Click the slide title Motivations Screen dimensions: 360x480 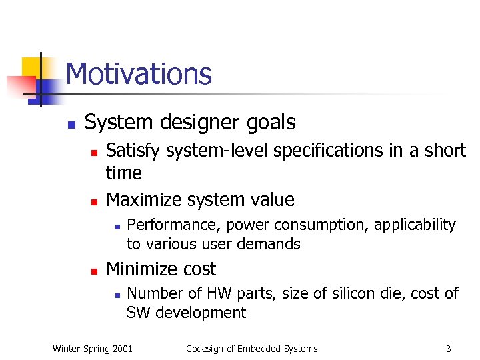[x=139, y=74]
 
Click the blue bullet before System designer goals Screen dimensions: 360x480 [x=70, y=125]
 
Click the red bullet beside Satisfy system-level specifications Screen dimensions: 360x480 [x=94, y=153]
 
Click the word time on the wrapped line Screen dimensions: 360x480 [x=124, y=173]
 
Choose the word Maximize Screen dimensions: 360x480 [x=143, y=200]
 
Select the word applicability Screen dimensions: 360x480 [x=415, y=225]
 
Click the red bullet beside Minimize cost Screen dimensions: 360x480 [x=94, y=271]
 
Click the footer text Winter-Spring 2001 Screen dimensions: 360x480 [x=93, y=348]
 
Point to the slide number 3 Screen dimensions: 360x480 [x=448, y=348]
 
